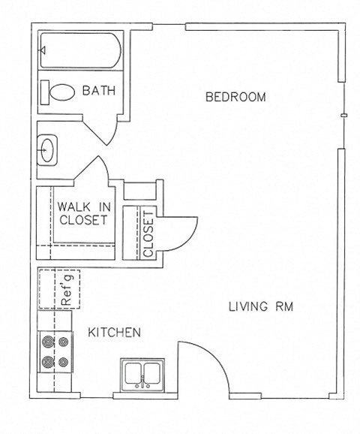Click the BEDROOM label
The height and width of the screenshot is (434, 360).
pyautogui.click(x=235, y=97)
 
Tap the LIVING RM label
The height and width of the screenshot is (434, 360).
pyautogui.click(x=261, y=306)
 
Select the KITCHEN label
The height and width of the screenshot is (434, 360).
pyautogui.click(x=114, y=332)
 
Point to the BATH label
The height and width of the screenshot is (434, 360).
pyautogui.click(x=99, y=91)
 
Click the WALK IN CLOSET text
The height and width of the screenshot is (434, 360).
pyautogui.click(x=83, y=213)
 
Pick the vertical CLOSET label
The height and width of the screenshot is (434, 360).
pyautogui.click(x=148, y=234)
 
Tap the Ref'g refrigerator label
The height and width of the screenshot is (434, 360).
pyautogui.click(x=67, y=290)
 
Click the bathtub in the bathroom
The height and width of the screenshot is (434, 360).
pyautogui.click(x=81, y=50)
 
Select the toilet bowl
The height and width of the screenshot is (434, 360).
pyautogui.click(x=62, y=92)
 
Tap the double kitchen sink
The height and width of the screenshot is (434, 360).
pyautogui.click(x=142, y=375)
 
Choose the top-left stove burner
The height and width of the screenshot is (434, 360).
pyautogui.click(x=48, y=342)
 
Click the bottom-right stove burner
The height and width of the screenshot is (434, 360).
pyautogui.click(x=63, y=361)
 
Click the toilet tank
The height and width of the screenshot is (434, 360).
pyautogui.click(x=45, y=92)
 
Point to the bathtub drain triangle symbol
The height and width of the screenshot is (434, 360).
pyautogui.click(x=43, y=50)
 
